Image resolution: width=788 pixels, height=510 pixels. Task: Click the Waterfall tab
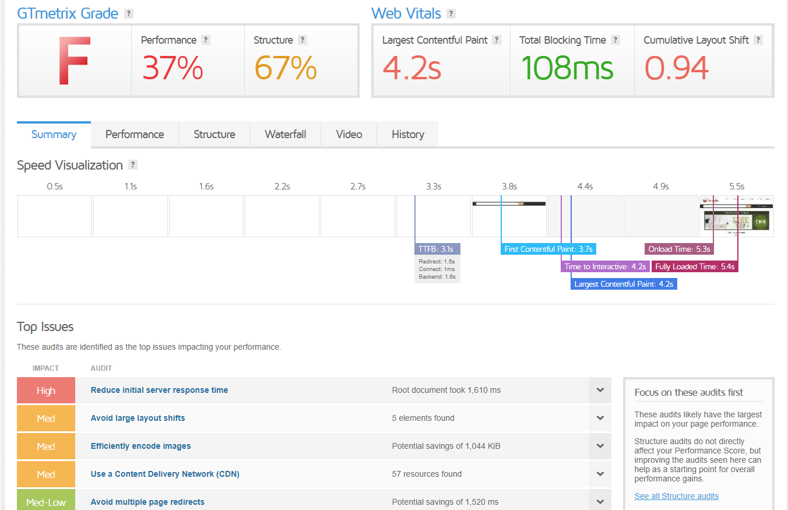point(285,135)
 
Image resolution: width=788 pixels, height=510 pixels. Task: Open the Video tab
point(349,135)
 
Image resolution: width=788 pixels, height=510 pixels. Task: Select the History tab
point(407,135)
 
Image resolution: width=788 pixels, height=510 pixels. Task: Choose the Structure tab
point(214,135)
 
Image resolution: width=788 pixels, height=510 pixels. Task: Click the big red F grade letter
point(74,61)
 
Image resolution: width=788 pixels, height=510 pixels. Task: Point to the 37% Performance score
point(173,68)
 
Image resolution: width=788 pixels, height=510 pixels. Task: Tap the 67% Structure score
point(285,68)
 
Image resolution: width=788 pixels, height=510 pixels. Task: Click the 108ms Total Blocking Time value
point(567,68)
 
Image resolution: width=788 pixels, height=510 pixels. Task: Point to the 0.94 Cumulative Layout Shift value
point(676,68)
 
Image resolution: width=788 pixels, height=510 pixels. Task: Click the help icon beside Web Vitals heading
point(451,14)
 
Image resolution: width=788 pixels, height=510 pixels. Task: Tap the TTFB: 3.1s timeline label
point(437,249)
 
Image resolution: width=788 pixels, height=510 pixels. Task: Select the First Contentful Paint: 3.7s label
point(548,249)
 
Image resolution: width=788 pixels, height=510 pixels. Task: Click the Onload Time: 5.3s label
point(679,249)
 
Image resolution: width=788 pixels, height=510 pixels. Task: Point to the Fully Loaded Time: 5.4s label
point(694,266)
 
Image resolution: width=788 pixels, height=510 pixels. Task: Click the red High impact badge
point(46,391)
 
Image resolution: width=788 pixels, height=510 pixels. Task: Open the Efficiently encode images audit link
point(140,446)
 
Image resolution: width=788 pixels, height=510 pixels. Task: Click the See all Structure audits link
point(676,496)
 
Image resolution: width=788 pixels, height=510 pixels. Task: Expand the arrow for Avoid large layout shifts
point(600,418)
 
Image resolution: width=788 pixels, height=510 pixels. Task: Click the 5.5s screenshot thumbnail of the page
point(737,216)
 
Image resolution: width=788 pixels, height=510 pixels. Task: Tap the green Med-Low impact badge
point(46,501)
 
